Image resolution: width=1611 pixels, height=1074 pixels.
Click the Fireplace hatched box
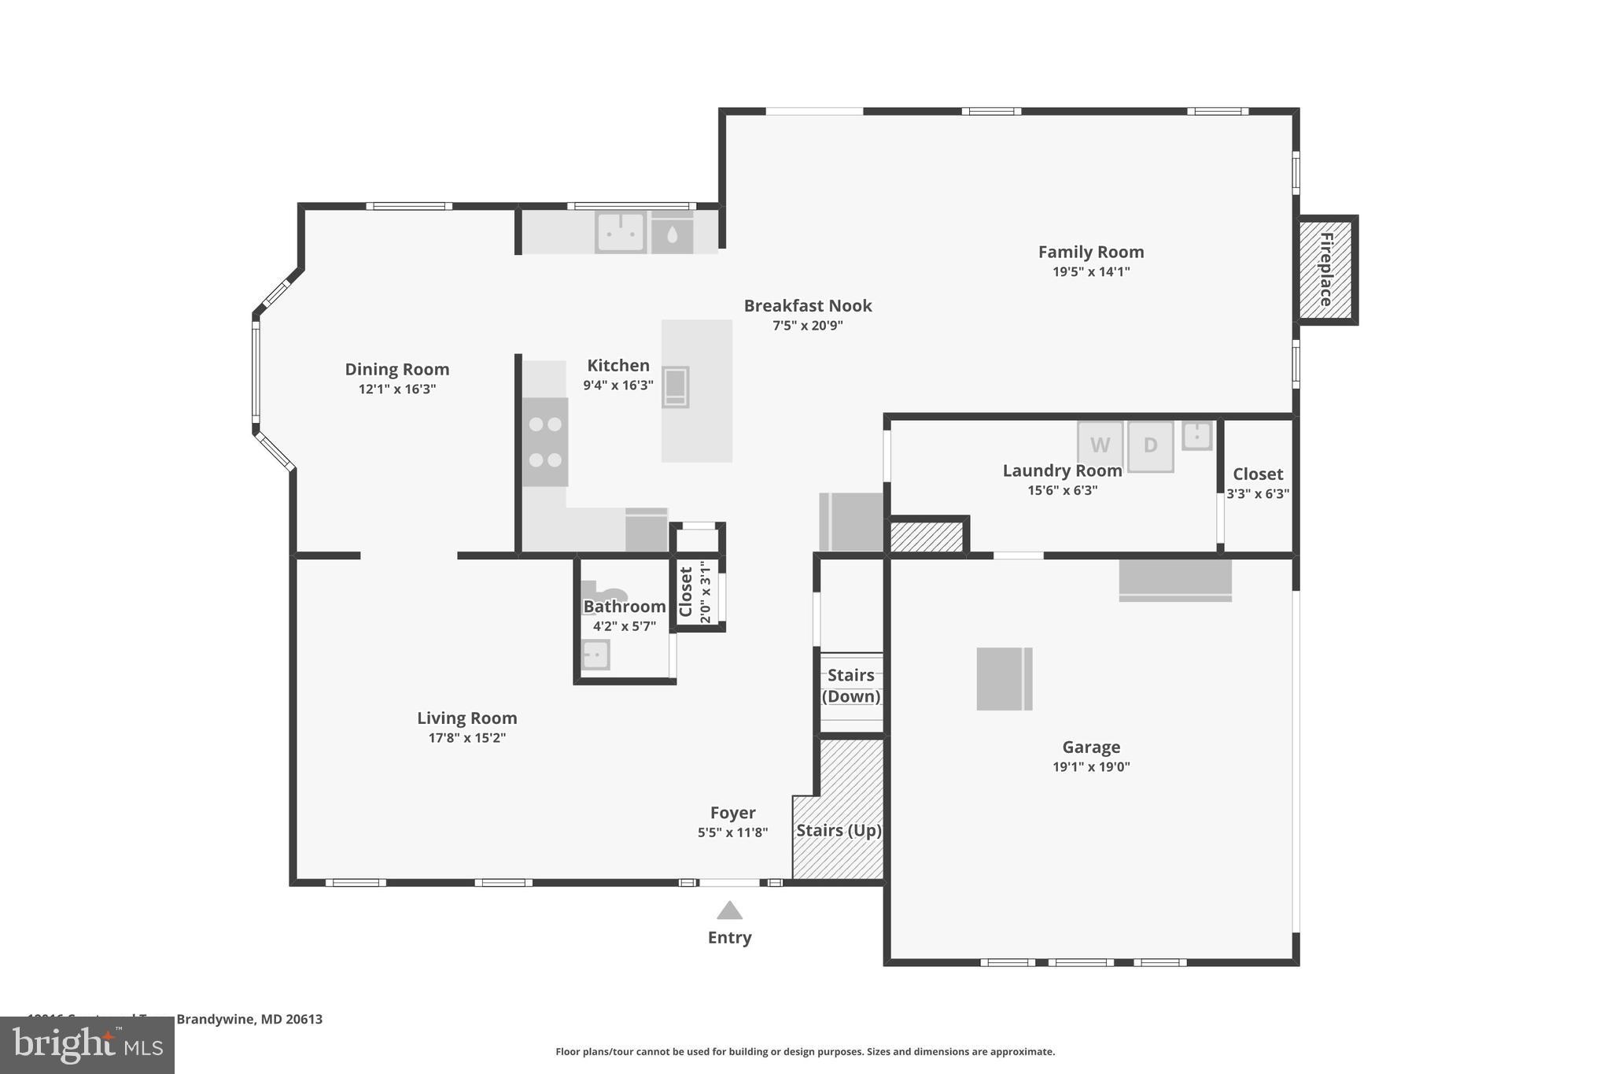tap(1325, 270)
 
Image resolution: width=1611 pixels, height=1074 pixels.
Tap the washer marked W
tap(1100, 445)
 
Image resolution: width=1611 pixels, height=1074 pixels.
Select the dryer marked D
tap(1150, 445)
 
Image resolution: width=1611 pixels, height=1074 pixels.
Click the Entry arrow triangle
tap(729, 911)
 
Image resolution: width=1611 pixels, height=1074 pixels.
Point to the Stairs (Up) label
tap(839, 831)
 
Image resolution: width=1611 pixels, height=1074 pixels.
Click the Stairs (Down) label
tap(851, 685)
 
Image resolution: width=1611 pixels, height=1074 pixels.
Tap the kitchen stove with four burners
tap(545, 441)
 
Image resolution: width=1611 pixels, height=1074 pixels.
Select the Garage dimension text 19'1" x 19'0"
tap(1091, 767)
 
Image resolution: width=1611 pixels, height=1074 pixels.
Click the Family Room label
tap(1091, 252)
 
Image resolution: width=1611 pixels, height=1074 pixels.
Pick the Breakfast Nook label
tap(808, 305)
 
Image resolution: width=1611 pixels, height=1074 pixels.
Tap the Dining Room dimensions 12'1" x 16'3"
tap(396, 389)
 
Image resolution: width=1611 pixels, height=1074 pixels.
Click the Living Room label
tap(466, 718)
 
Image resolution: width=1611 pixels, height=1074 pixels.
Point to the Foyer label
tap(732, 813)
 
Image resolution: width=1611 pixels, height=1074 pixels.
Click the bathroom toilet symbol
tap(604, 592)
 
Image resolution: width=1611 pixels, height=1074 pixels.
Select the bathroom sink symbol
tap(595, 655)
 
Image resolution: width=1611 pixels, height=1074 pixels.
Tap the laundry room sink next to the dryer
tap(1197, 436)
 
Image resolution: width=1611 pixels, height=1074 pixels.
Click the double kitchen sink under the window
tap(621, 232)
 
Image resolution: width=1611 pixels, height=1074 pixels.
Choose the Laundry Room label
tap(1062, 471)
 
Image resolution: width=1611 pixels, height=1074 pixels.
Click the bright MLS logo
tap(87, 1046)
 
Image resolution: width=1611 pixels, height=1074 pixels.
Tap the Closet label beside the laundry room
tap(1257, 474)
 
